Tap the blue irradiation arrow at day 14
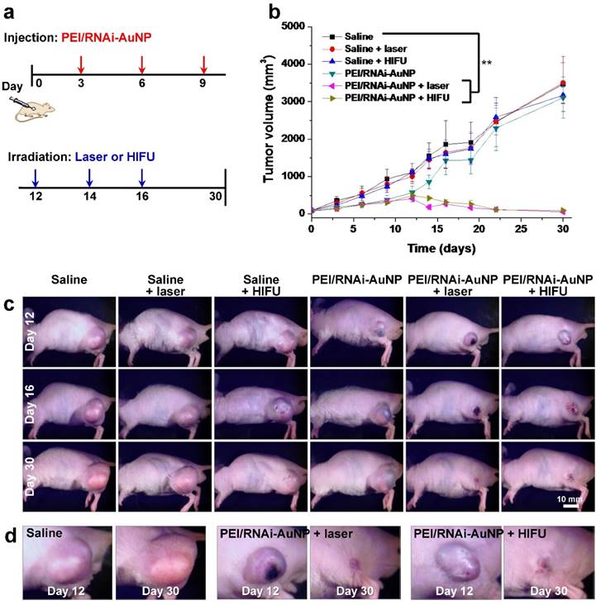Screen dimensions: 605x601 (89, 178)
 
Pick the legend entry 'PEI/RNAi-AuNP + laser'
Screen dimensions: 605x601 (405, 85)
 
